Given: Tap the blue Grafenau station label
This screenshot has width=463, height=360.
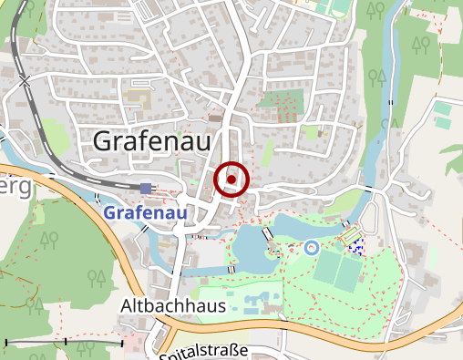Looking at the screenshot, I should (146, 212).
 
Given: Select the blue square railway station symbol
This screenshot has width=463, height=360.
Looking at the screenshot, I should (146, 189).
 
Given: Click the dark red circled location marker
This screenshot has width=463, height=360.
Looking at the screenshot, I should (231, 180).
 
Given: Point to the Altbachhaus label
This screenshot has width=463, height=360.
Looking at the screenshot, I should (172, 306).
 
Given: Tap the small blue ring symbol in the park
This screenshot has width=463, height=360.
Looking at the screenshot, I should (311, 246).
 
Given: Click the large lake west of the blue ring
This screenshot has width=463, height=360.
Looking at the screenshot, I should (251, 244).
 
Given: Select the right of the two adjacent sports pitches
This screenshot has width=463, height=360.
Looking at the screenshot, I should (349, 270).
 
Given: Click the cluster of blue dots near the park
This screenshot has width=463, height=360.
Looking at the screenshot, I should (356, 243).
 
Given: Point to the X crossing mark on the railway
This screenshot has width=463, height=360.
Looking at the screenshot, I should (25, 81).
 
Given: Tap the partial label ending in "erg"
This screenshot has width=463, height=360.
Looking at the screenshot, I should (15, 188).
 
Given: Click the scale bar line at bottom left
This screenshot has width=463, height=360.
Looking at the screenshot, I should (64, 343).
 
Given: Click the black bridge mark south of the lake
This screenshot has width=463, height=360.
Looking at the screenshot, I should (231, 269).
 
